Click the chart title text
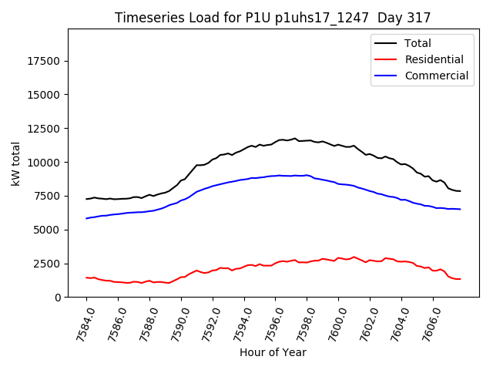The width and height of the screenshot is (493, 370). tap(273, 18)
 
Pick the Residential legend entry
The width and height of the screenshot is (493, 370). tap(434, 59)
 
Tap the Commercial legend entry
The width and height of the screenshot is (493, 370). tap(436, 76)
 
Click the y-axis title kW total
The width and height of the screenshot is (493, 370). tap(15, 163)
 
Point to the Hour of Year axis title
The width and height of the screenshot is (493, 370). tap(273, 352)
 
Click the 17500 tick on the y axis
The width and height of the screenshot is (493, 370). tap(44, 61)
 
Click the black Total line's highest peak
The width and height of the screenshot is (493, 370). tap(294, 139)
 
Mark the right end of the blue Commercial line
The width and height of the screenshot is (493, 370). tap(461, 209)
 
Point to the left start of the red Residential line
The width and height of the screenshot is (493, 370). tap(86, 277)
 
